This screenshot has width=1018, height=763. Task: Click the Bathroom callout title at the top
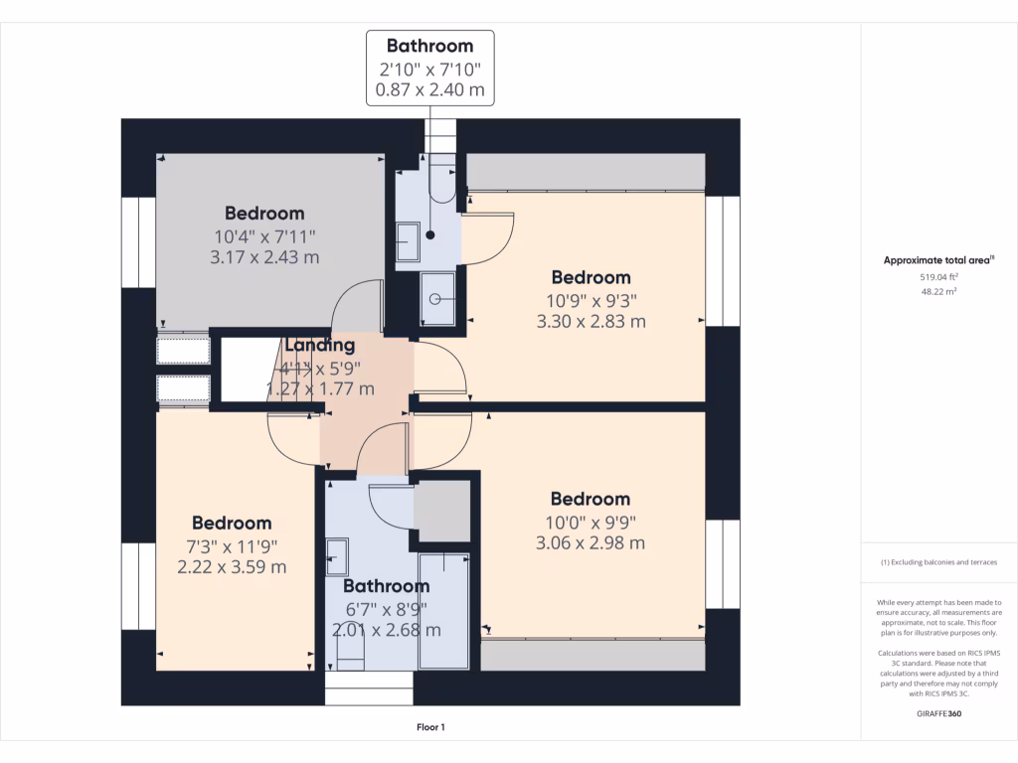click(429, 46)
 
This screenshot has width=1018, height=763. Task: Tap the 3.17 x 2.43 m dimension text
click(264, 257)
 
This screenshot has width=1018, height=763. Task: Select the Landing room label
click(319, 346)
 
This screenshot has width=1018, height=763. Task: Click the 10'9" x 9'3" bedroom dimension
click(592, 300)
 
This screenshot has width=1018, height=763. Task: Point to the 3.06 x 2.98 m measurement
click(591, 542)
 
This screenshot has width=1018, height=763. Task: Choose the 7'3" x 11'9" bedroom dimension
click(232, 545)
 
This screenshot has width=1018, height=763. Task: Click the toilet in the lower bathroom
click(349, 648)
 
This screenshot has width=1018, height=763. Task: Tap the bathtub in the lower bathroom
click(443, 610)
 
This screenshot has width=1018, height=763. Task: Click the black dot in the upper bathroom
click(430, 235)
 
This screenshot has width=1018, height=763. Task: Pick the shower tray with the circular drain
click(436, 299)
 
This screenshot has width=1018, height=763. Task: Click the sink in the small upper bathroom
click(407, 239)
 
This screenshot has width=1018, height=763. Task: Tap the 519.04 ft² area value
click(938, 277)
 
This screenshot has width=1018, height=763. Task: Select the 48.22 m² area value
click(938, 292)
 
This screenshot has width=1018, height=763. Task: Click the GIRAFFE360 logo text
click(938, 713)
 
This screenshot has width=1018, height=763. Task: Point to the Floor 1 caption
click(430, 727)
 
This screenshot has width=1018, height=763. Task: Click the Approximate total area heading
click(937, 260)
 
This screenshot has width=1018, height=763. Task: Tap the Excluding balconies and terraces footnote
click(938, 562)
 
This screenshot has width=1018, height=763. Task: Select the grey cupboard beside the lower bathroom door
click(442, 512)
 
